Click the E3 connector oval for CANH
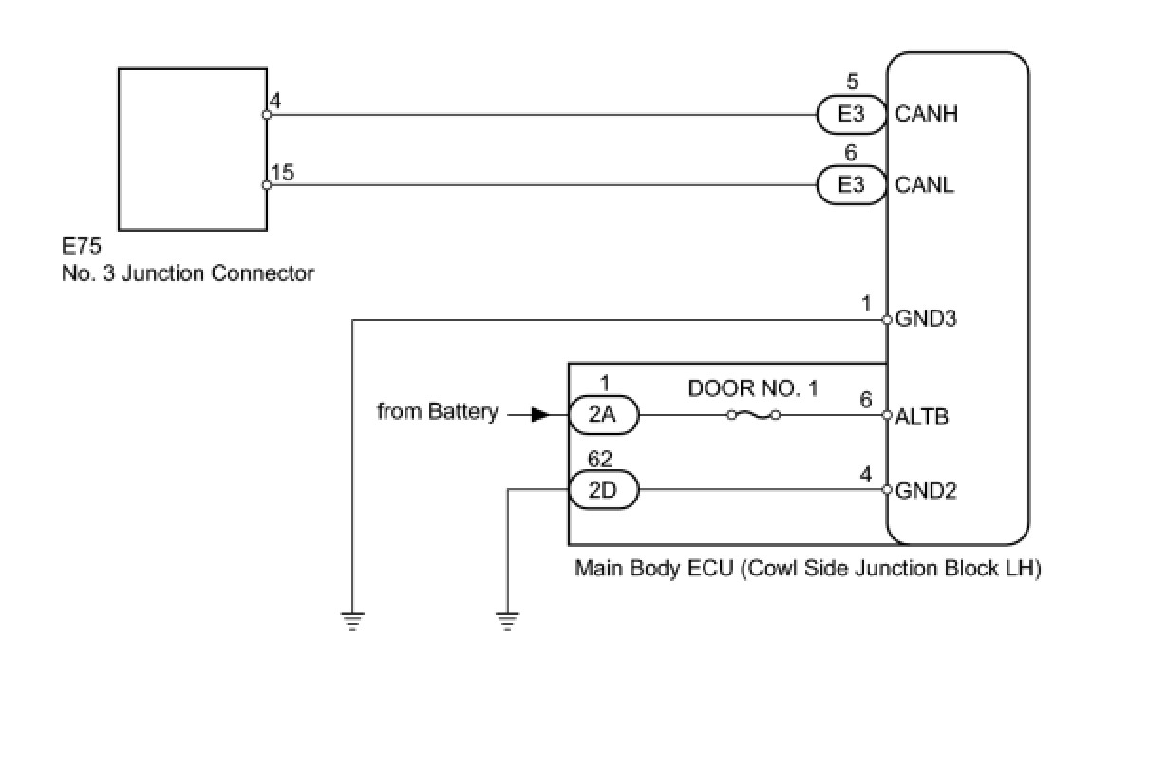tap(851, 114)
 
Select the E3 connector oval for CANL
tap(851, 184)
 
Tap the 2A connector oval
tap(603, 415)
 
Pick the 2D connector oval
tap(603, 491)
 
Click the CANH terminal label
tap(927, 114)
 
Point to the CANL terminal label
tap(925, 184)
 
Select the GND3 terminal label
tap(926, 319)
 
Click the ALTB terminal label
tap(922, 416)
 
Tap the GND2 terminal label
tap(926, 491)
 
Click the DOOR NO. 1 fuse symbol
tap(753, 415)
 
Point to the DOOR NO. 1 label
tap(753, 388)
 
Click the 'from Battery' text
tap(437, 412)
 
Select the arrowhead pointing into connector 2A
tap(539, 415)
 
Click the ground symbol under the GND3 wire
tap(352, 622)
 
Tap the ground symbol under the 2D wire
tap(508, 622)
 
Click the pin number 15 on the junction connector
tap(282, 172)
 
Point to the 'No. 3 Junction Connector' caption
tap(188, 273)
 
